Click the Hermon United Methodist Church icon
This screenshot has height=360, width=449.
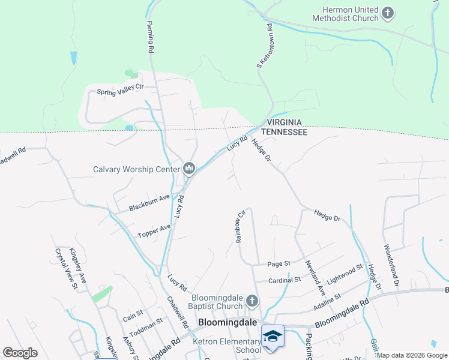(x=388, y=13)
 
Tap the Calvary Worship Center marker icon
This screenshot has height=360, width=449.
(x=190, y=169)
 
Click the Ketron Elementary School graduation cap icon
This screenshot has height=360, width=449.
(x=273, y=337)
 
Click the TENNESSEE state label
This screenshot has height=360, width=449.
(x=283, y=131)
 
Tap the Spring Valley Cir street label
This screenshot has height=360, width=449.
(x=121, y=91)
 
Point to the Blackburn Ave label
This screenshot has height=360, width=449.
(x=148, y=203)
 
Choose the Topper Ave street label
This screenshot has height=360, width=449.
(x=154, y=230)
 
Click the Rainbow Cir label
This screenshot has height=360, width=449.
(x=241, y=226)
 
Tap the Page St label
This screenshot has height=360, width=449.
(x=279, y=263)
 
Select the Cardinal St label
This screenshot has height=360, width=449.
(x=285, y=280)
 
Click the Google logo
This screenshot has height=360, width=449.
(x=20, y=353)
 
